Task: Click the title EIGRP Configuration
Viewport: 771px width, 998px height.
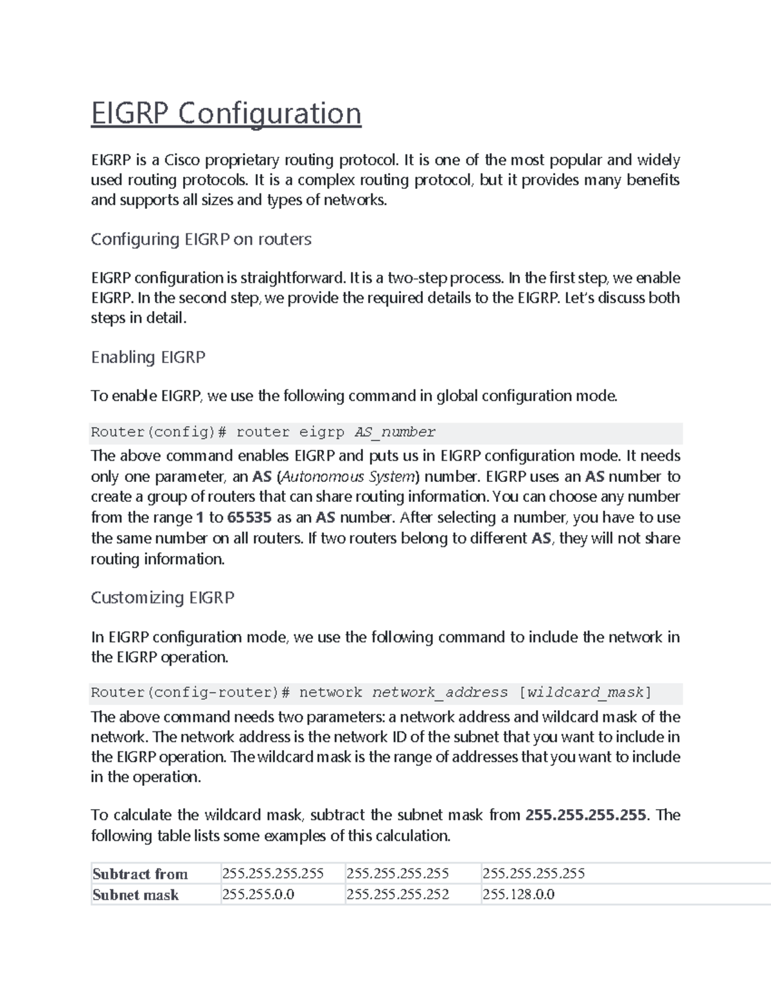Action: pos(226,114)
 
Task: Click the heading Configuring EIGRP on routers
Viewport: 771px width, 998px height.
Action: pos(201,239)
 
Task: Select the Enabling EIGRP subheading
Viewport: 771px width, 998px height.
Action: pos(148,357)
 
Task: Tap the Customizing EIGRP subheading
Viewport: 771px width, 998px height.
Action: pos(163,598)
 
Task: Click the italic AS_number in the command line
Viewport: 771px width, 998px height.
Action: pos(394,432)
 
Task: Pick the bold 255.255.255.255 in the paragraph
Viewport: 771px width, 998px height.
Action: pos(585,815)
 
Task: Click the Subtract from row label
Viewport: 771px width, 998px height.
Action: pos(140,874)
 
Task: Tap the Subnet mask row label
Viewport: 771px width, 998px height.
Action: pos(136,895)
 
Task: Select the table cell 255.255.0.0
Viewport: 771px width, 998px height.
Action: pos(258,895)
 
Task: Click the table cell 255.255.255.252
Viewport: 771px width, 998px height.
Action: pos(397,895)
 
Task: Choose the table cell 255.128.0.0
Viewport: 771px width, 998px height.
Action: pos(518,895)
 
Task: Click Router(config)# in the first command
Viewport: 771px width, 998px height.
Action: pos(159,432)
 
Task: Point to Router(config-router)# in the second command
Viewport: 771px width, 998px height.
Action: pos(190,693)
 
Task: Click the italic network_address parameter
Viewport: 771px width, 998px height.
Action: pos(440,693)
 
